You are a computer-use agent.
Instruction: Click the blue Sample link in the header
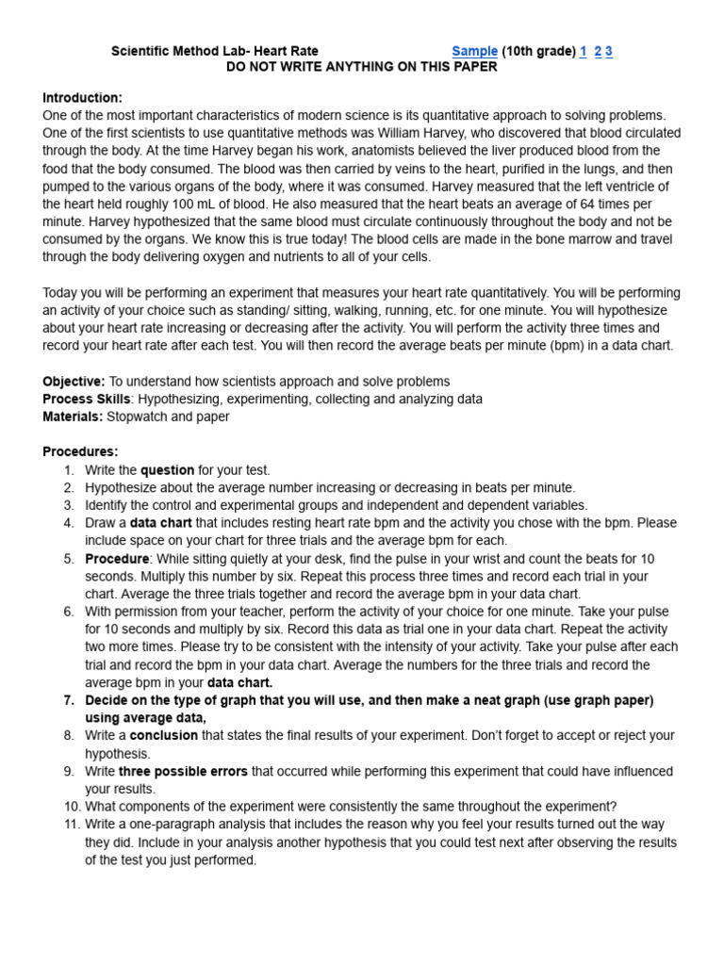click(x=474, y=51)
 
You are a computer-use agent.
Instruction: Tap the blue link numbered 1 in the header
click(x=583, y=51)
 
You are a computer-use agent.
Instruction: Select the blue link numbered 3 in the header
click(x=609, y=51)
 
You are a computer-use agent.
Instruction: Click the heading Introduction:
click(x=82, y=97)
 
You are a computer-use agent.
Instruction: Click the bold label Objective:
click(x=74, y=381)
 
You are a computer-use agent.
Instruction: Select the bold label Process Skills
click(x=86, y=399)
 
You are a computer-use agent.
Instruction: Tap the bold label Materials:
click(x=73, y=417)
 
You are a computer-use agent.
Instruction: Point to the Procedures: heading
click(x=80, y=451)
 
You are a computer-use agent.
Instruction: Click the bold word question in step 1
click(x=167, y=469)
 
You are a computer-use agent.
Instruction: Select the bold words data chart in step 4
click(x=160, y=523)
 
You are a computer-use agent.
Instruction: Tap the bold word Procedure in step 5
click(x=117, y=558)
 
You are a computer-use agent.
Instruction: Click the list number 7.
click(x=69, y=700)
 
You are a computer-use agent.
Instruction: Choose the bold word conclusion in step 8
click(x=163, y=735)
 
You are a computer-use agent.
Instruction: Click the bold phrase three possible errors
click(x=183, y=771)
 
